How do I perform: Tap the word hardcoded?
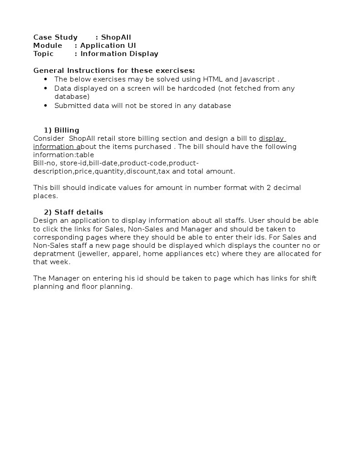pyautogui.click(x=197, y=88)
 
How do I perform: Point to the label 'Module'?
pyautogui.click(x=48, y=46)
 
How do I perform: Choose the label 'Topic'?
pyautogui.click(x=43, y=54)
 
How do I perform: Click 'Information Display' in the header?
pyautogui.click(x=119, y=54)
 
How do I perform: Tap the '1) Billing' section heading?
pyautogui.click(x=61, y=130)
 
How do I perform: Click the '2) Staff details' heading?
pyautogui.click(x=73, y=212)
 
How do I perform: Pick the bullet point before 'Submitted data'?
pyautogui.click(x=46, y=106)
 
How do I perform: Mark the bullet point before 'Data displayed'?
pyautogui.click(x=46, y=88)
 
